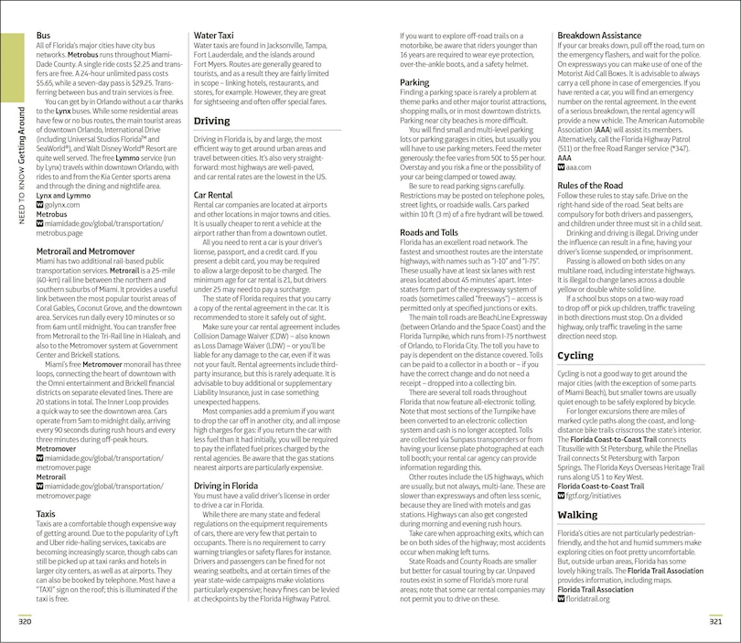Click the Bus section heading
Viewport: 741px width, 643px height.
coord(43,35)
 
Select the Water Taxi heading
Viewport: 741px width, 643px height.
coord(217,35)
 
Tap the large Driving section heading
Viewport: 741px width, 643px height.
coord(212,121)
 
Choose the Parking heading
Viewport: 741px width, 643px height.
coord(414,82)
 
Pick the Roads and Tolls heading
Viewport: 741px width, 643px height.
coord(428,232)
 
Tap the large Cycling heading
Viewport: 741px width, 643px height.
coord(575,355)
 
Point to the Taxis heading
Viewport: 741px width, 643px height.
coord(47,514)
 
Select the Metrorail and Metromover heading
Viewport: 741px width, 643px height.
coord(85,251)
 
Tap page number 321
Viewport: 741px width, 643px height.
coord(716,623)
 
